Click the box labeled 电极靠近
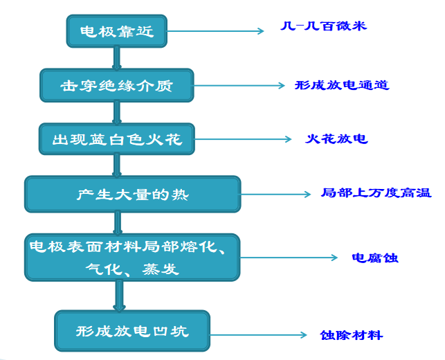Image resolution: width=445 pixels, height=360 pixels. [117, 32]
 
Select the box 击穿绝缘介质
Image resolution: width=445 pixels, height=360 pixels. [116, 86]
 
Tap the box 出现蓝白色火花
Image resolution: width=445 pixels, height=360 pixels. [116, 139]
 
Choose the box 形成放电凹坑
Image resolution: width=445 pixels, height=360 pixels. [132, 331]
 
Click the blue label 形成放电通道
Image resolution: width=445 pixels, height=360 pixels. [341, 86]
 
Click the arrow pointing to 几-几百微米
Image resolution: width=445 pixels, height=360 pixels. [215, 31]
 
